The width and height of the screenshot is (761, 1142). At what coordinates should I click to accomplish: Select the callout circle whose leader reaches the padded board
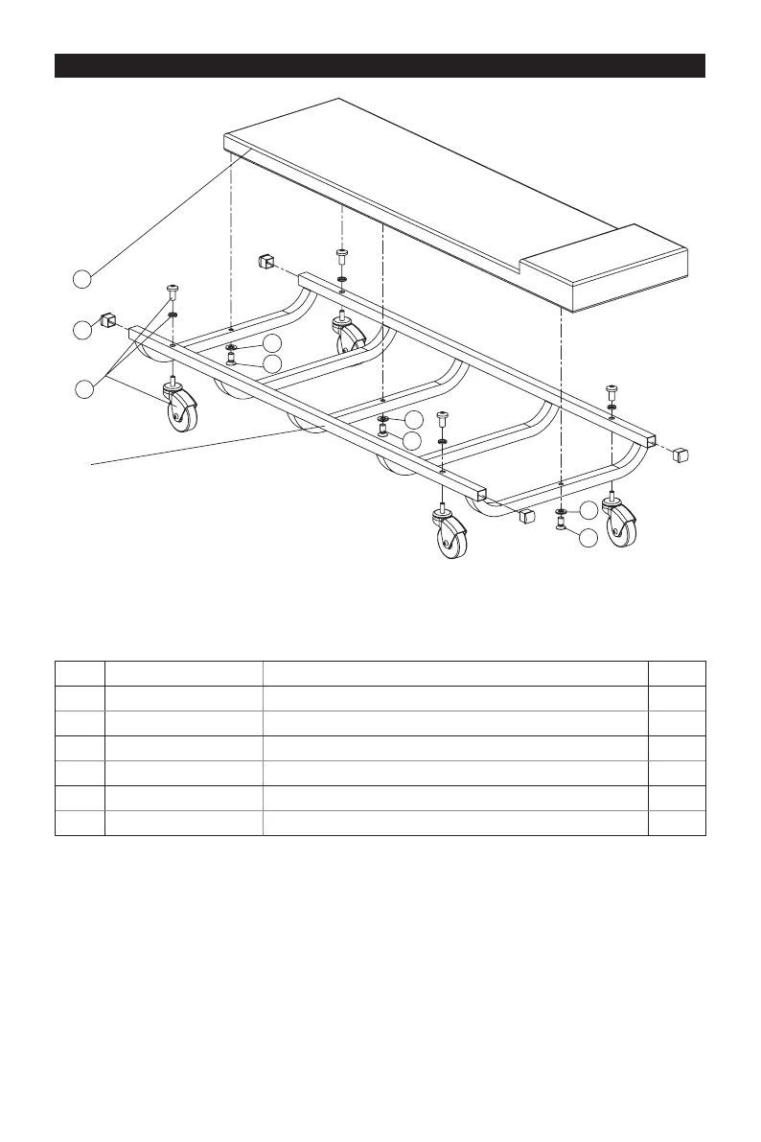[83, 279]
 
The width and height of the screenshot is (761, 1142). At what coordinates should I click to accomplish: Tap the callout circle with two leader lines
[83, 389]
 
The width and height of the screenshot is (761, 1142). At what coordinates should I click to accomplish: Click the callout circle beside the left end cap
[83, 330]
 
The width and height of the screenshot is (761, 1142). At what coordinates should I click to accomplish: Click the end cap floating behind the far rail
[267, 260]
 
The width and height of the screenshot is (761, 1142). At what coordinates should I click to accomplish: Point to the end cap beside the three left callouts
[108, 319]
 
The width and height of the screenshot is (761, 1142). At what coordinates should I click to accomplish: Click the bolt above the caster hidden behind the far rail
[342, 256]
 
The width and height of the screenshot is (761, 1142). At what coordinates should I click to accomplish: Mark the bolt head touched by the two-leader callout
[173, 290]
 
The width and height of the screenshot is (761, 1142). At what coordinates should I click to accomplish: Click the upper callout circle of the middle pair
[413, 419]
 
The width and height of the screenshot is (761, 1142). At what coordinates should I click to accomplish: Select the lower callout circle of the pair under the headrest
[588, 540]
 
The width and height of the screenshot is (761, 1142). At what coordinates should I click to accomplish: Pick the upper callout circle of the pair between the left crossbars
[273, 342]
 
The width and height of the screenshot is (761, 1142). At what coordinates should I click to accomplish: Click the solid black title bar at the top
[380, 65]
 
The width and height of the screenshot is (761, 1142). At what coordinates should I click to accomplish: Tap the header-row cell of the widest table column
[455, 673]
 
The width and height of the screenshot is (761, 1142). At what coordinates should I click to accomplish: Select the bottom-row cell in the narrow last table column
[677, 823]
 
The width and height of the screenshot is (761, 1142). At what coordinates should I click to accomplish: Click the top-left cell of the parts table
[80, 673]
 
